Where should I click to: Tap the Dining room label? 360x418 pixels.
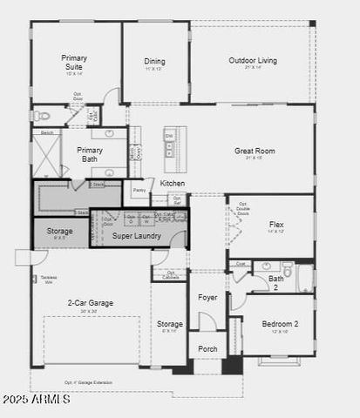(x=154, y=62)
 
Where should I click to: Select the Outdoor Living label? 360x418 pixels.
(x=253, y=61)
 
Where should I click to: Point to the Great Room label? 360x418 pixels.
(x=255, y=152)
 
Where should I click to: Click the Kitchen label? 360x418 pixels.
(x=173, y=184)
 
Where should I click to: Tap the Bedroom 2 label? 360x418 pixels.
(x=280, y=325)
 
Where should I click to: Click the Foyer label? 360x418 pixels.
(x=207, y=297)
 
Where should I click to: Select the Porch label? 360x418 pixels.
(x=207, y=349)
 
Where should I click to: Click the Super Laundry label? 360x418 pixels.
(x=136, y=235)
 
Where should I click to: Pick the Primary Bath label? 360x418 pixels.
(x=90, y=154)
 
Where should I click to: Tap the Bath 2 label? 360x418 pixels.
(x=275, y=282)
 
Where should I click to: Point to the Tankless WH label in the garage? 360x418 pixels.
(x=49, y=280)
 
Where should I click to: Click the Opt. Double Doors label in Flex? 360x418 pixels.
(x=243, y=209)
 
